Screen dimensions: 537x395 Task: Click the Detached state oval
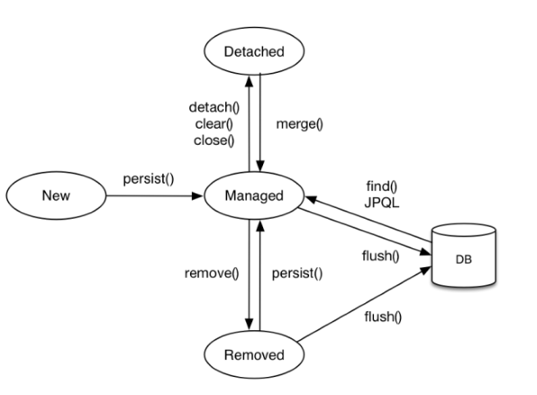tap(254, 51)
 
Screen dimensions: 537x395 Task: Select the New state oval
tap(56, 195)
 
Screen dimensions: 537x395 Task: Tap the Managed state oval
tap(254, 195)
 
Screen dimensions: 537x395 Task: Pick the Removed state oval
tap(254, 355)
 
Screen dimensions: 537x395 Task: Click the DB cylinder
tap(464, 256)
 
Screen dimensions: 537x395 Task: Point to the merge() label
tap(300, 124)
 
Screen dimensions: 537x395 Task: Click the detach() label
tap(214, 108)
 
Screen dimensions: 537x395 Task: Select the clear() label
tap(214, 124)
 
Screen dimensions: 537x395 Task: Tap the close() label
tap(214, 140)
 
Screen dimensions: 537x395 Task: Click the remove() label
tap(212, 274)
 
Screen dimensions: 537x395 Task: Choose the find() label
tap(382, 187)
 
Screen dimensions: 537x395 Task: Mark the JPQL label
tap(382, 203)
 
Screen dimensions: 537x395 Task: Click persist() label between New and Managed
tap(149, 179)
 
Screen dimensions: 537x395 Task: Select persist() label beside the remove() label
tap(297, 274)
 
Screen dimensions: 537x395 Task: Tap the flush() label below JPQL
tap(381, 256)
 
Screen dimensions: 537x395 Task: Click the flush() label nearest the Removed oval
tap(383, 317)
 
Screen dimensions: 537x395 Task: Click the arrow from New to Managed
tap(155, 196)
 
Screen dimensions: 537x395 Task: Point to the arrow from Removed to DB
tap(364, 304)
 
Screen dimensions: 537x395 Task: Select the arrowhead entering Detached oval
tap(250, 81)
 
